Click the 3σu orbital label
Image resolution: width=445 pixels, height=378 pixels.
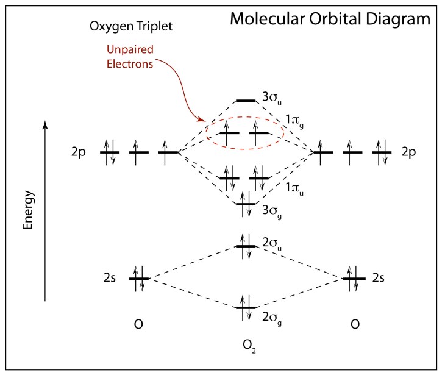[273, 98]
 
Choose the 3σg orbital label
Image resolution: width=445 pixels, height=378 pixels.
[273, 211]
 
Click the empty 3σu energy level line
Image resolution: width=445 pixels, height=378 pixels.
[246, 100]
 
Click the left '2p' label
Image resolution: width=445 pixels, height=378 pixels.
[79, 151]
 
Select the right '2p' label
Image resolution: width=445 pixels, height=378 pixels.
[408, 151]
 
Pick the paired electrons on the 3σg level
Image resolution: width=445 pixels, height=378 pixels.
[245, 204]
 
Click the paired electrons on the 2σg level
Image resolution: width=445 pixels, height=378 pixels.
[245, 307]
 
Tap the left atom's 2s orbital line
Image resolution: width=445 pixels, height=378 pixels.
[139, 278]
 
